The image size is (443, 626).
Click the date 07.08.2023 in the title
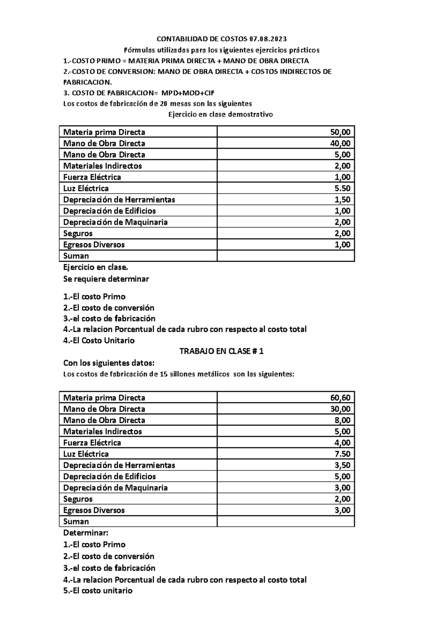tap(268, 39)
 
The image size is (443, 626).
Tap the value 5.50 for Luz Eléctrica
tap(342, 188)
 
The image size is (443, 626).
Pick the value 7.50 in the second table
tap(342, 454)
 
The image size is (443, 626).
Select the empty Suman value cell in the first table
tap(286, 256)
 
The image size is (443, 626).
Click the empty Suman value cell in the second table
tap(286, 521)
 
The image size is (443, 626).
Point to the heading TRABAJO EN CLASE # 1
tap(221, 351)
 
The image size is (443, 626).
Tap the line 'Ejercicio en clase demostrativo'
tap(221, 114)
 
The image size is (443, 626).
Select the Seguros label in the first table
tap(78, 233)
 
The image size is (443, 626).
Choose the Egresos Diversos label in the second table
tap(94, 510)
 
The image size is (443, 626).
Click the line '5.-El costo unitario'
tap(97, 591)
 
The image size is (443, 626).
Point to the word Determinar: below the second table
tap(86, 533)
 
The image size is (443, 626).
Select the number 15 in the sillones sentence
tap(164, 374)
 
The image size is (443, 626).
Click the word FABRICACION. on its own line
tap(87, 82)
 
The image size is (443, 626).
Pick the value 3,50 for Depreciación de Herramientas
tap(342, 465)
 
